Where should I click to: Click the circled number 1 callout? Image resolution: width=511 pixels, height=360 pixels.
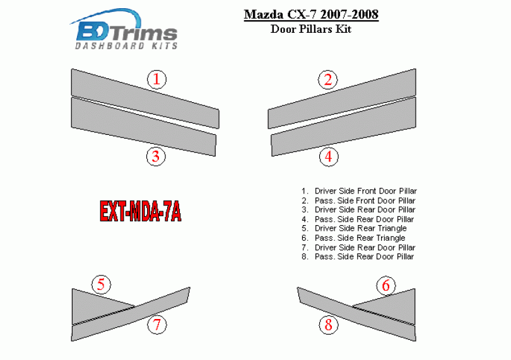[156, 79]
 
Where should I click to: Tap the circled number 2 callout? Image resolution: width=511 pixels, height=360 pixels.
[328, 79]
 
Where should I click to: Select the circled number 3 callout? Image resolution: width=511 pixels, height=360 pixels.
[156, 156]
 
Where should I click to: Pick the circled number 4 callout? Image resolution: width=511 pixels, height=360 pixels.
[329, 156]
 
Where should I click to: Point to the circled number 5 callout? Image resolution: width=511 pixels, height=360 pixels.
[101, 284]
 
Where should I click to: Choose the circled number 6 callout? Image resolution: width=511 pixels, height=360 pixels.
[386, 285]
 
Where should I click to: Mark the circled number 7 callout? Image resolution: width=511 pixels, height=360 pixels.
[157, 325]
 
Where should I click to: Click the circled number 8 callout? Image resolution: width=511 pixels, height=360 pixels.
[329, 325]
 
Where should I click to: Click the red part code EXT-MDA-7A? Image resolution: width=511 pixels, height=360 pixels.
[140, 211]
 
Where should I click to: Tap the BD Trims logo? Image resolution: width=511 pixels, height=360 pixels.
[124, 30]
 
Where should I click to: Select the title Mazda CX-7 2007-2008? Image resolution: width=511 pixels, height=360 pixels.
[311, 15]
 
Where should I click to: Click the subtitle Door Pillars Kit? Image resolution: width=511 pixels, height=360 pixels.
[311, 29]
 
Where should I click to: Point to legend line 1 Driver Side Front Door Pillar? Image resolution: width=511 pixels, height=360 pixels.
[359, 191]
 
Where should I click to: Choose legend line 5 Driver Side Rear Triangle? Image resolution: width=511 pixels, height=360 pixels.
[354, 228]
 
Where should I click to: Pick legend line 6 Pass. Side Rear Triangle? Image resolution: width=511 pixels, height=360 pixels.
[353, 238]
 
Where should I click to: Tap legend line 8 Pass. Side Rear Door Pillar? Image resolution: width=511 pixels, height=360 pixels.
[358, 257]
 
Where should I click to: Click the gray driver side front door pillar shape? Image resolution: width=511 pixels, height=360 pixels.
[145, 98]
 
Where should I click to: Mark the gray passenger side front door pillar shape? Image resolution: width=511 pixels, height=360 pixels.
[342, 98]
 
